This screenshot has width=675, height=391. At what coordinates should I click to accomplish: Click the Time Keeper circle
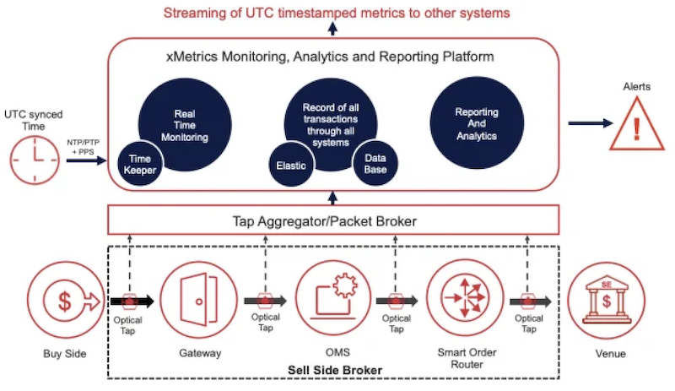tap(140, 164)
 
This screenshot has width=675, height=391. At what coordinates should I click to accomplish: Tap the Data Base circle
tap(375, 164)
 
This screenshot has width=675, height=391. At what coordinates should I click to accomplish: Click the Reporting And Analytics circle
tap(477, 123)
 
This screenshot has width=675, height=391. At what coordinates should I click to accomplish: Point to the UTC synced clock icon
tap(35, 160)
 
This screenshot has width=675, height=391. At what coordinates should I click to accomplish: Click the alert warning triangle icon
tap(637, 124)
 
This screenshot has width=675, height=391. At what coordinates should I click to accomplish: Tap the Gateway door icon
tap(198, 300)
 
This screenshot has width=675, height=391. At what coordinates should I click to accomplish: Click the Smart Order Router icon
tap(465, 298)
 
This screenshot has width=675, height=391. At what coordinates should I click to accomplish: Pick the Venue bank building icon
tap(606, 301)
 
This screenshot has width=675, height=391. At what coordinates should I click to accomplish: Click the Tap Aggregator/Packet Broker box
tap(333, 220)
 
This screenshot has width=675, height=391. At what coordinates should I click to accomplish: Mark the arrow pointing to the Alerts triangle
tap(590, 123)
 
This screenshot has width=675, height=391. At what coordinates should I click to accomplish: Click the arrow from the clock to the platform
tap(86, 160)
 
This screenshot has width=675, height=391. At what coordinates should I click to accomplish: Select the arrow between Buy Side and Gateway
tap(132, 301)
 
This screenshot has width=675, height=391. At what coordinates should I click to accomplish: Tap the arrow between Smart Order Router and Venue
tap(531, 301)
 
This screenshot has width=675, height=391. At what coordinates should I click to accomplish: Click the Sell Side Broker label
tap(335, 370)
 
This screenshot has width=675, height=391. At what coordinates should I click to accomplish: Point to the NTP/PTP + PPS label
tap(83, 147)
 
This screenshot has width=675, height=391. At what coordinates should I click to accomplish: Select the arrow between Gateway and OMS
tap(266, 301)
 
